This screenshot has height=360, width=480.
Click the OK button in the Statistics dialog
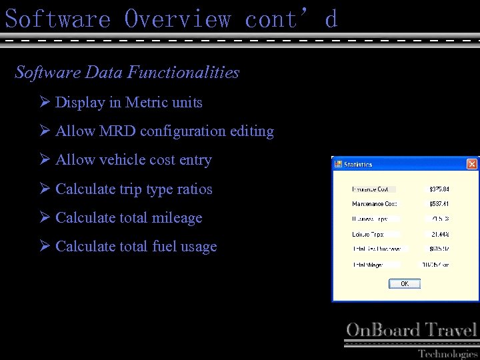pos(405,284)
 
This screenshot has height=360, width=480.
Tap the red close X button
pos(471,164)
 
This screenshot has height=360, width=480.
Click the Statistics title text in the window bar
pos(359,165)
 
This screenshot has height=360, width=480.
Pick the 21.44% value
pos(439,235)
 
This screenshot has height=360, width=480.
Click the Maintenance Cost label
pos(374,204)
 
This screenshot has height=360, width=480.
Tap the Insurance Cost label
pos(371,189)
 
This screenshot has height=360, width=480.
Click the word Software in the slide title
pos(57,19)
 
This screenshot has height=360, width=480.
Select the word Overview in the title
pos(177,19)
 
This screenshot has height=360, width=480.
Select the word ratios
pos(195,189)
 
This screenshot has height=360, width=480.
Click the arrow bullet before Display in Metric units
pos(45,103)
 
